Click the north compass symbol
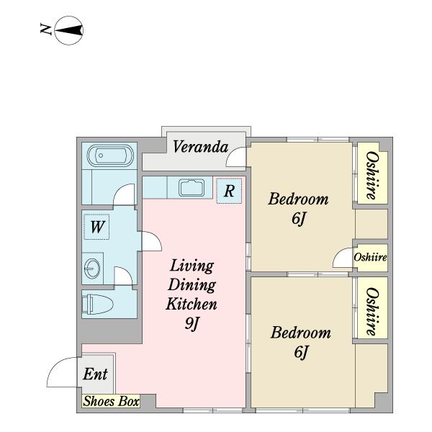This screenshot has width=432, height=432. tap(69, 30)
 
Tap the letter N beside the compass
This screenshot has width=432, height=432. tap(46, 30)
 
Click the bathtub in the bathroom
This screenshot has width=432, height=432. tap(110, 156)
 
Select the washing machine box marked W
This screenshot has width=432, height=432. tap(96, 227)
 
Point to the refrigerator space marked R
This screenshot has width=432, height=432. tap(229, 191)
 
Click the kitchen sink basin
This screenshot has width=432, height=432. tap(192, 188)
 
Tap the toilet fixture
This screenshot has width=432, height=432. tap(98, 304)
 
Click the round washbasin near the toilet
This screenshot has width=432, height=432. tap(92, 269)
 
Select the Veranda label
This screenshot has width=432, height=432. tap(201, 147)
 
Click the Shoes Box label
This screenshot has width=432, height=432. tap(112, 401)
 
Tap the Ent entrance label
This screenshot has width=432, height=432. tap(95, 374)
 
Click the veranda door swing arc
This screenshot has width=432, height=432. tap(232, 153)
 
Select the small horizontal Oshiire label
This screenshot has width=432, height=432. tap(370, 257)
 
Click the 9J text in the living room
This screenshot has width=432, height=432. tap(192, 323)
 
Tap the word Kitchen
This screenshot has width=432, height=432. tap(192, 304)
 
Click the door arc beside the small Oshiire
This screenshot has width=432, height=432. tap(338, 255)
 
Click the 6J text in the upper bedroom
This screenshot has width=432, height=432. tap(299, 219)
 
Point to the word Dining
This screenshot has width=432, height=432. tap(192, 285)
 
